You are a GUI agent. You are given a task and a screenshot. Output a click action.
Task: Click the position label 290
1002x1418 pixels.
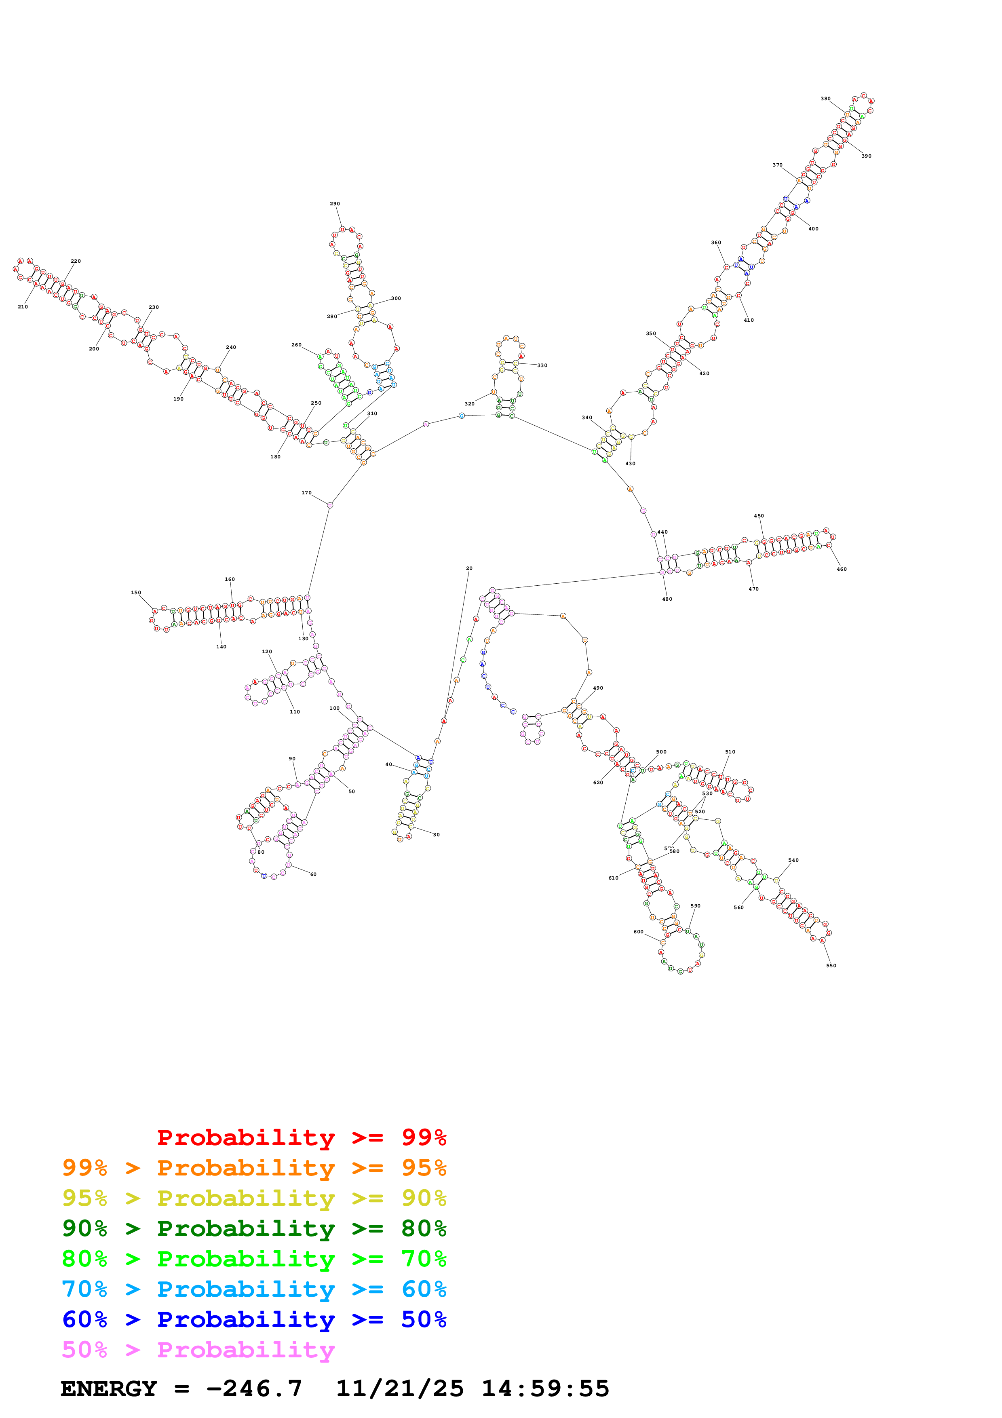pos(335,204)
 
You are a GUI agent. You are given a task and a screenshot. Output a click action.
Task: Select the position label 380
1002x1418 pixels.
pos(825,99)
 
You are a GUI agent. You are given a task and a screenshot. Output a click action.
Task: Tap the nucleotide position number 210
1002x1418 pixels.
pos(23,307)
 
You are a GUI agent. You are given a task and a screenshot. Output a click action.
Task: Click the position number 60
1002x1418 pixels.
pos(313,874)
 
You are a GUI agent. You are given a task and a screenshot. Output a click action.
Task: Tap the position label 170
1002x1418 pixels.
pos(306,493)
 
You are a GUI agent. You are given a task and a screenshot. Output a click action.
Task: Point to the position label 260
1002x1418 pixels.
pos(296,345)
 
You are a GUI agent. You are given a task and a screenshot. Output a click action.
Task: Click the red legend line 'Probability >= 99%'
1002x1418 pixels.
pos(301,1137)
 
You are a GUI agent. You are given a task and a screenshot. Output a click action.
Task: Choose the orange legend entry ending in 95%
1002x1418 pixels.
pos(254,1168)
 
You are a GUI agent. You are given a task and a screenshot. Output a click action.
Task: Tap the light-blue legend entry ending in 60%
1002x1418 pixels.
pos(254,1289)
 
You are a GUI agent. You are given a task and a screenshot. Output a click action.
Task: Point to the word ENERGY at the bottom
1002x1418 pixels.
pos(109,1389)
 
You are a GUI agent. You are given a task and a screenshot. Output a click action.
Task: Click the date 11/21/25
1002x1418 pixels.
pos(399,1389)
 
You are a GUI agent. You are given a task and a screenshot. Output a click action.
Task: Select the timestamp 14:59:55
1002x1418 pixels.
pos(545,1389)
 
